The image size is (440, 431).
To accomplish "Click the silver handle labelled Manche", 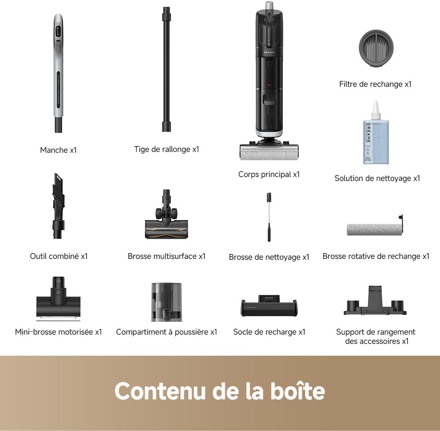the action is click(x=59, y=73).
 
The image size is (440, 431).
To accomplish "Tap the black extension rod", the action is click(x=166, y=70).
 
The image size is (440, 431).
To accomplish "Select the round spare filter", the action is click(x=376, y=48).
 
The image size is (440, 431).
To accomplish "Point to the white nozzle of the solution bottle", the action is click(x=376, y=110).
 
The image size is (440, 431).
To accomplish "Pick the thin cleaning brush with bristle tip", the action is click(x=269, y=217).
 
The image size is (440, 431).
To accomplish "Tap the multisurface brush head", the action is click(x=166, y=214).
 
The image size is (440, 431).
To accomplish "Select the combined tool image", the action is click(x=59, y=206).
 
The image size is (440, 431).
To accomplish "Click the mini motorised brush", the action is click(x=59, y=299).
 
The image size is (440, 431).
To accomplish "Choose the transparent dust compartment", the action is click(x=166, y=302).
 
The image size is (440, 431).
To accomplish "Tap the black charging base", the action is click(x=269, y=306).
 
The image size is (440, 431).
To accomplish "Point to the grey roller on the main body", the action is click(x=269, y=153).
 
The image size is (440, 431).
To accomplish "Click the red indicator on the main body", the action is click(x=269, y=85).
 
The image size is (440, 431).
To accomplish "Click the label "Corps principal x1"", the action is click(x=269, y=174).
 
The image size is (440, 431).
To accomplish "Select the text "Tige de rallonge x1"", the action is click(x=166, y=149).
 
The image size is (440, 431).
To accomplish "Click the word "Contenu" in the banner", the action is click(x=160, y=391).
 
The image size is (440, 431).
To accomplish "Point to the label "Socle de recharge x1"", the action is click(x=269, y=332).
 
